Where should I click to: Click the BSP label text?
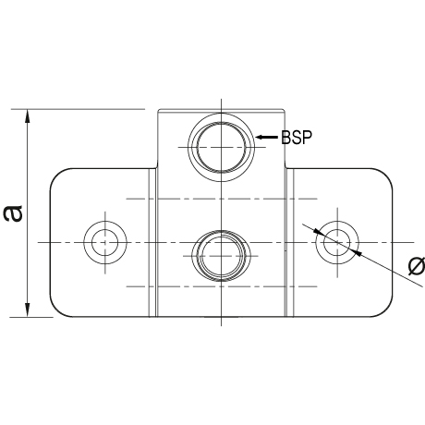[x=297, y=137]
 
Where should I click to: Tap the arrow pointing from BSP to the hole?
[x=267, y=137]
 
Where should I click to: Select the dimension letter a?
[x=13, y=213]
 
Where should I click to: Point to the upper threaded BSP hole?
[x=222, y=114]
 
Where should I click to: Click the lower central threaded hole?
[x=222, y=230]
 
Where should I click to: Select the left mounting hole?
[x=105, y=221]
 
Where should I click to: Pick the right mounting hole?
[x=337, y=221]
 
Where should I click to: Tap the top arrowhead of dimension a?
[x=28, y=115]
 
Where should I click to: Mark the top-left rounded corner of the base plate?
[x=56, y=175]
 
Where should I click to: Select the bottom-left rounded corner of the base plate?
[x=56, y=310]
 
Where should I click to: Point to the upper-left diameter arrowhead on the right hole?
[x=319, y=232]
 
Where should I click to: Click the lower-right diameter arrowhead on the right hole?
[x=357, y=253]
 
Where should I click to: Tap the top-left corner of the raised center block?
[x=158, y=110]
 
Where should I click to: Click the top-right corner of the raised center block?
[x=285, y=110]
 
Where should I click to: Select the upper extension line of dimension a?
[x=78, y=109]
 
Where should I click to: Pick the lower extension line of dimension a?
[x=31, y=317]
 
